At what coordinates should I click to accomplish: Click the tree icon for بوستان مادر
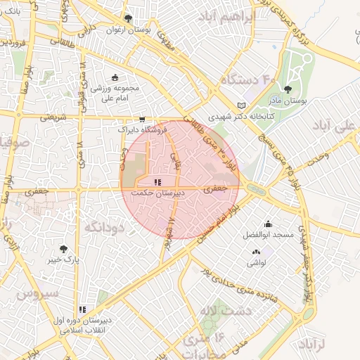coord(288,89)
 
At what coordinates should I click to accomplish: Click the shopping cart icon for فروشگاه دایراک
coord(143,120)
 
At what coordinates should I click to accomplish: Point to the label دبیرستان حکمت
coord(159,191)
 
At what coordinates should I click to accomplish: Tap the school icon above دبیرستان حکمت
coord(157,181)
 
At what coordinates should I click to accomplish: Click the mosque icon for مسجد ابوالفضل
coord(268,224)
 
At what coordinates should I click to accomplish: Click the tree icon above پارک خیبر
coord(63,248)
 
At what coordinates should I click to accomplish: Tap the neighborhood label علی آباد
coord(337,129)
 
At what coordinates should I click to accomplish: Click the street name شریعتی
coord(53,118)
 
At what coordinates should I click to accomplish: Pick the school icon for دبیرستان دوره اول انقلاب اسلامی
coord(82,309)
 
